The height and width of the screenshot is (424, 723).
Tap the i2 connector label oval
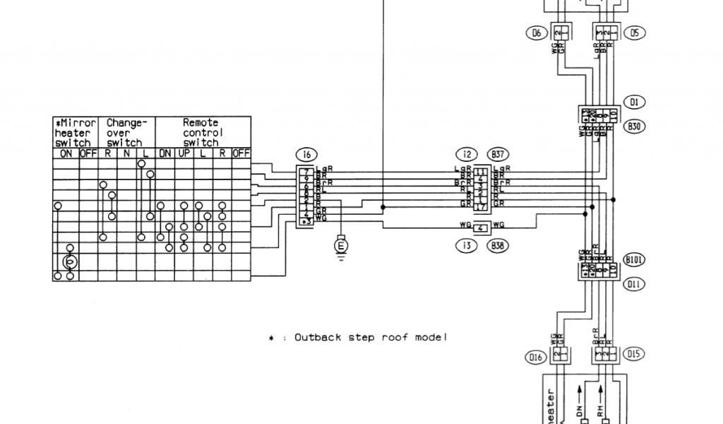tap(465, 155)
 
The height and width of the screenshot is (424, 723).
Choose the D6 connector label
tap(535, 33)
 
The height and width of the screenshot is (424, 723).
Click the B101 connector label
tap(635, 259)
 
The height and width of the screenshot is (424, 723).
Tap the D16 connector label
tap(535, 358)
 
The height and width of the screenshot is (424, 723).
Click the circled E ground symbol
tap(342, 245)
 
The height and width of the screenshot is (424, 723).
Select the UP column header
tap(184, 153)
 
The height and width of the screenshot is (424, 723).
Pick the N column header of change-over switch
tap(127, 153)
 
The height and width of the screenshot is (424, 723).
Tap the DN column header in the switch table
tap(165, 153)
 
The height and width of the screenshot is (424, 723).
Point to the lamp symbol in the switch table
tap(69, 262)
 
